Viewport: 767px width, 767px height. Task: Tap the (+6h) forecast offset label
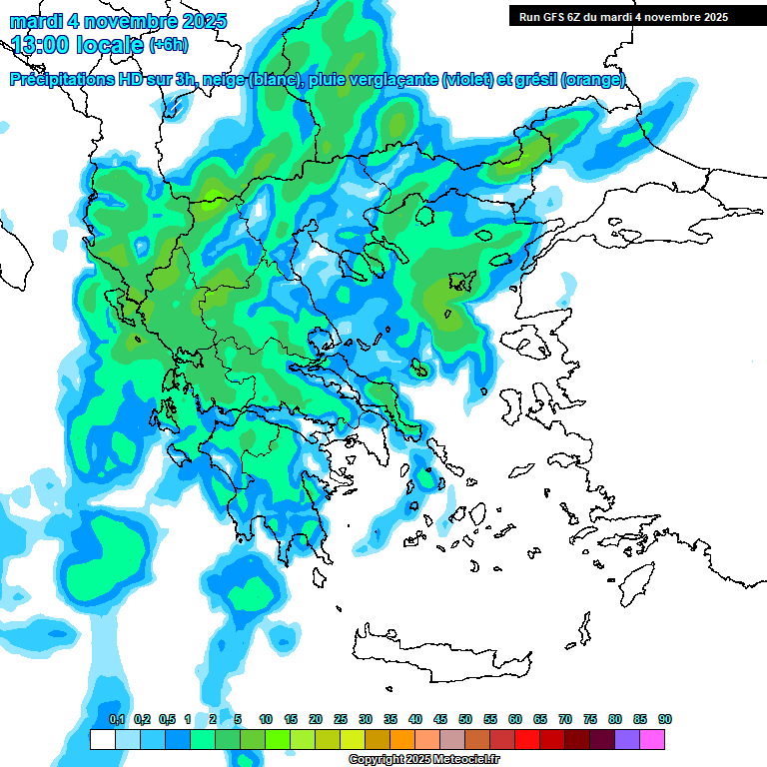click(x=168, y=45)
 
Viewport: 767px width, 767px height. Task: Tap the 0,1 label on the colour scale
click(x=116, y=720)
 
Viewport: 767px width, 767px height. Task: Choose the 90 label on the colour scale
click(x=665, y=720)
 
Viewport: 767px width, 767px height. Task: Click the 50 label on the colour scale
click(x=465, y=720)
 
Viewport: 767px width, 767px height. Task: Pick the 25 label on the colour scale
click(x=341, y=720)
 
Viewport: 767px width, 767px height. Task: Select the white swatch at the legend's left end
click(x=102, y=739)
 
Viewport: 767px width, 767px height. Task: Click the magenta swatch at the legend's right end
click(x=652, y=739)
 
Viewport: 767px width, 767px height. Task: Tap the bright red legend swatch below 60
click(x=527, y=739)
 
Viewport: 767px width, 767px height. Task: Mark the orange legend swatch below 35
click(x=402, y=739)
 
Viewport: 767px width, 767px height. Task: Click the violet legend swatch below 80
click(x=627, y=739)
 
